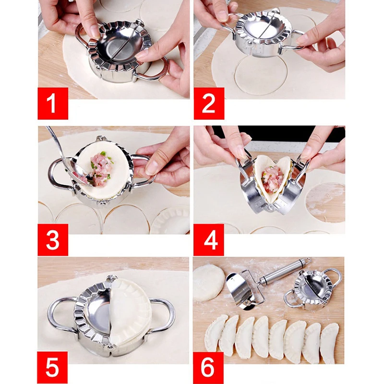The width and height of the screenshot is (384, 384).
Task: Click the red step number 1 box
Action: (x=53, y=103)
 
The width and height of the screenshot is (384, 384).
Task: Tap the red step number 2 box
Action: (x=209, y=103)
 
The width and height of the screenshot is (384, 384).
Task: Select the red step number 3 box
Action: (x=53, y=240)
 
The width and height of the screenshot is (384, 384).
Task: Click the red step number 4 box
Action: (x=209, y=240)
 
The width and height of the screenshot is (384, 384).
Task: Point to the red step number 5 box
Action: (x=53, y=368)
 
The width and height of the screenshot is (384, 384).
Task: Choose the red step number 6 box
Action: (x=208, y=368)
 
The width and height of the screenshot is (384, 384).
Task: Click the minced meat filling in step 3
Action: (x=101, y=169)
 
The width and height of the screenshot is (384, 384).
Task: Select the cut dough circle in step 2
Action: (x=261, y=75)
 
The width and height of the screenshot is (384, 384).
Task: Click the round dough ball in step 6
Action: (x=208, y=283)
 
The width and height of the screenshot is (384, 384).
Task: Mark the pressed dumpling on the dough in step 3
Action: (x=171, y=221)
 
